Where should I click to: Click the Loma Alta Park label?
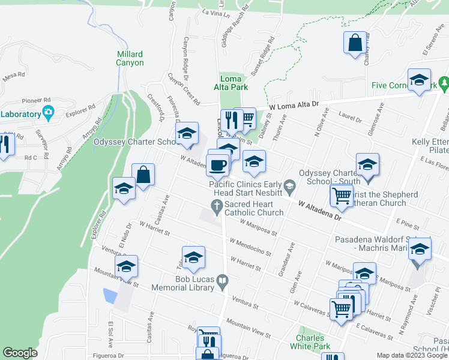tap(234, 83)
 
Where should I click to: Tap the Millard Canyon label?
tap(130, 58)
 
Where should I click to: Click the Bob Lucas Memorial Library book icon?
tap(222, 280)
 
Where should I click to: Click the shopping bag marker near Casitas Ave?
tap(143, 175)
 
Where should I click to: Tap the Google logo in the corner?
tap(20, 353)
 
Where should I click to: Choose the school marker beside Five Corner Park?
tap(418, 79)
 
